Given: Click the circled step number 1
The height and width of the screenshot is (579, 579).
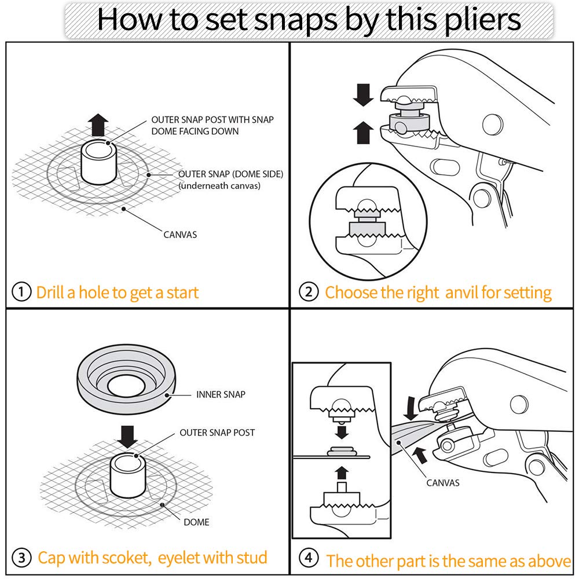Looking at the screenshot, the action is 21,292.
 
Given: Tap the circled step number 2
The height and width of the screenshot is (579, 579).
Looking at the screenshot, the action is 309,292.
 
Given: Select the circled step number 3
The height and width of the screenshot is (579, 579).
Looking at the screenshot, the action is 21,557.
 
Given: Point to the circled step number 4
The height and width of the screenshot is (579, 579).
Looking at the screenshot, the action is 309,557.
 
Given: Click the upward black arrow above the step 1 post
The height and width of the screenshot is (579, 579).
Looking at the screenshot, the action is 98,125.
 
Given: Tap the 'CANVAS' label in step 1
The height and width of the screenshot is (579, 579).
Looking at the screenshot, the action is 180,234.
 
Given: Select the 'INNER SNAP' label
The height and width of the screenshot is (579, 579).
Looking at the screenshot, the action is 221,394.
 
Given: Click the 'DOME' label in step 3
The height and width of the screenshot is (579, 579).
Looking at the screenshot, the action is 196,522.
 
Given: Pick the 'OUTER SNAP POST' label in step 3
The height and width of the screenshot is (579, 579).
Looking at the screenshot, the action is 217,433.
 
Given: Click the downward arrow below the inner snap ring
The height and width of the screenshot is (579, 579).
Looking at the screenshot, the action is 127,437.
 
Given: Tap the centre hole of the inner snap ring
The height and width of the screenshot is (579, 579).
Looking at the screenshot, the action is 126,386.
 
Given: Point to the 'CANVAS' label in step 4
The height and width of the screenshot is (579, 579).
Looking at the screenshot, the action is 443,483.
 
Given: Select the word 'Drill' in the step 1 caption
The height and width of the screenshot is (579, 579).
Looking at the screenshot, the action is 50,292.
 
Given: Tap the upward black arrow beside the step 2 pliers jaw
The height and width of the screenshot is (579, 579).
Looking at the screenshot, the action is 364,133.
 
